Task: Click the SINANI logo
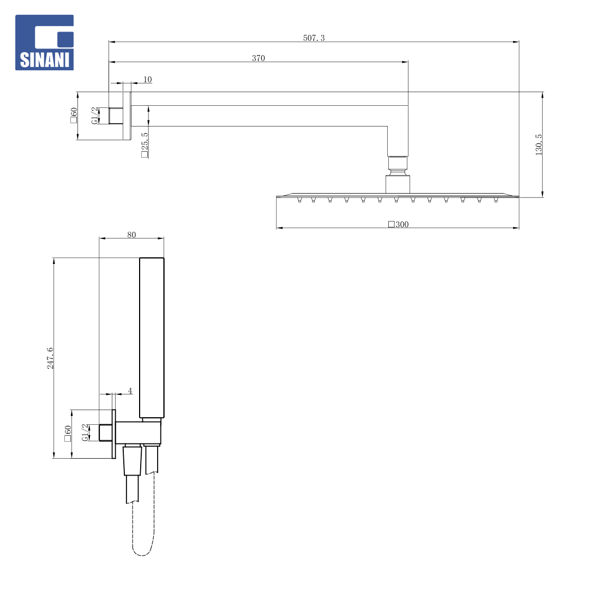click(x=44, y=43)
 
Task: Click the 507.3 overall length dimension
click(x=314, y=38)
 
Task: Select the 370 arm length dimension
click(x=259, y=58)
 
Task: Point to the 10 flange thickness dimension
click(x=148, y=80)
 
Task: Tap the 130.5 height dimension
click(x=539, y=145)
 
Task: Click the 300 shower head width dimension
click(x=399, y=224)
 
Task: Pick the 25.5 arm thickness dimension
click(x=145, y=145)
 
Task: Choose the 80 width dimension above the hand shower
click(x=131, y=235)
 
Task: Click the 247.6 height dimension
click(x=50, y=358)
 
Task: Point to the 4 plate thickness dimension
click(x=130, y=390)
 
